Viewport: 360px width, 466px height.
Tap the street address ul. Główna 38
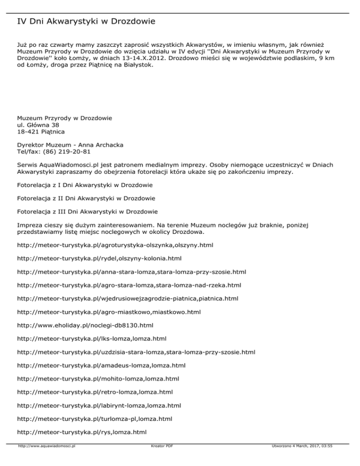[x=38, y=125]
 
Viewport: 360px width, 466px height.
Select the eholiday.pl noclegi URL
[x=85, y=324]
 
